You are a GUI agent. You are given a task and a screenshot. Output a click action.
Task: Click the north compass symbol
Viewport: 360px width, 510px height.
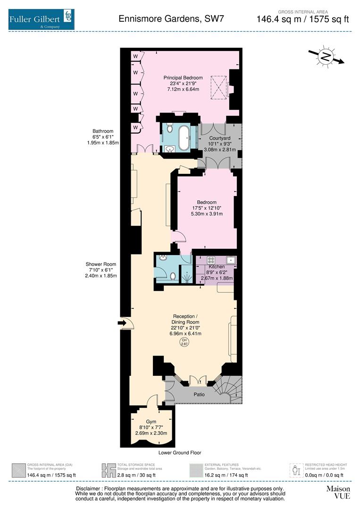click(x=326, y=57)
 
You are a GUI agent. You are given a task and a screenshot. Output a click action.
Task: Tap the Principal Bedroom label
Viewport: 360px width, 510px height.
click(x=183, y=78)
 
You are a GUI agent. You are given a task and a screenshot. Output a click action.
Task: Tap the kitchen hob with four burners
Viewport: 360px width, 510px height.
click(x=210, y=260)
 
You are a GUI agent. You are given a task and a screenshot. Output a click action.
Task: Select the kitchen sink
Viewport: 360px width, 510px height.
click(x=231, y=260)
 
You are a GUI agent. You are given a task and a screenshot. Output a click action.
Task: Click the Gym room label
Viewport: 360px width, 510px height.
click(x=151, y=421)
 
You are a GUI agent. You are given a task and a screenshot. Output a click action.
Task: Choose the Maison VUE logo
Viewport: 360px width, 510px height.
click(x=338, y=492)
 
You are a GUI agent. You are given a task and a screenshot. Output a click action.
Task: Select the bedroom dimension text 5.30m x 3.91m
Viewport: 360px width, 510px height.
click(x=206, y=214)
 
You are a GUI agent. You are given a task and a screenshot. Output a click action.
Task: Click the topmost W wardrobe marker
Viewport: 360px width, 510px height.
click(x=135, y=56)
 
